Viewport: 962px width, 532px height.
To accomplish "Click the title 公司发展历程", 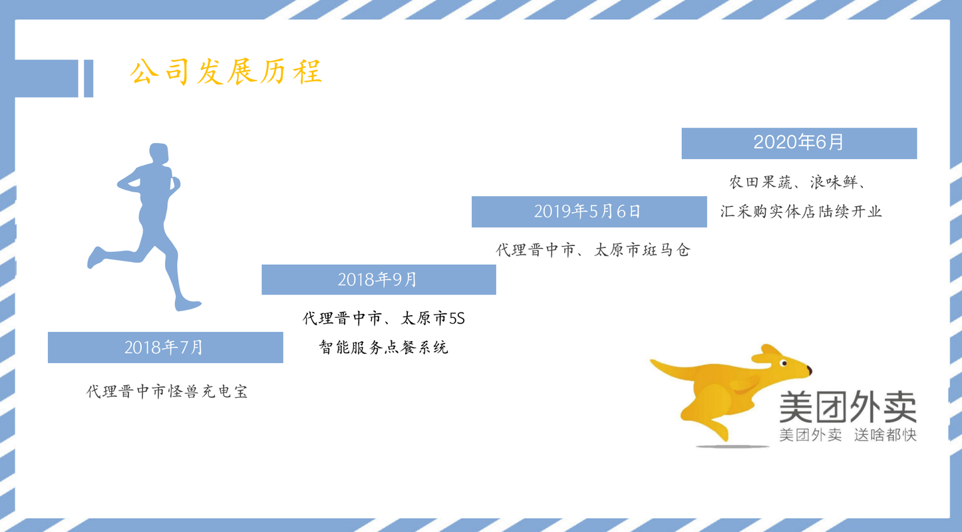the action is (x=226, y=72).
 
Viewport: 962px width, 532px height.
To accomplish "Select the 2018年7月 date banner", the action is (x=166, y=347).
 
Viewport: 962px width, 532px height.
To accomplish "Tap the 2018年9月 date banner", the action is (x=379, y=279).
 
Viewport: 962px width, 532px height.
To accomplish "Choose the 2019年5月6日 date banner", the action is (x=589, y=211).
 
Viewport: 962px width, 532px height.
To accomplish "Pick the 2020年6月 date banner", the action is (x=799, y=144).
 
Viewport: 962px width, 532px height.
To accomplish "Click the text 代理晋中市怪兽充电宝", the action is (x=167, y=392).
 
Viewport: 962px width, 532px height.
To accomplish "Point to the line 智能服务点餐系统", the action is (x=383, y=347).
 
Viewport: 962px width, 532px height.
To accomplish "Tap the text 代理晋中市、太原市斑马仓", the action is (x=593, y=250).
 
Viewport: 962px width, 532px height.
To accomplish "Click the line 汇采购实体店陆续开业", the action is (x=801, y=211).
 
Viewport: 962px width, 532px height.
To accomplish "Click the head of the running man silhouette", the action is (x=158, y=154).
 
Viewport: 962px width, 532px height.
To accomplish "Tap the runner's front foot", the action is (x=188, y=305).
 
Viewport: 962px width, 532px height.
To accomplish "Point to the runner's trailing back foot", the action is (x=95, y=257).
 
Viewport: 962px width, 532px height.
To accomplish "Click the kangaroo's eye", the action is (x=783, y=364).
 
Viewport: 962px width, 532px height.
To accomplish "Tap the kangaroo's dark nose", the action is (x=810, y=370).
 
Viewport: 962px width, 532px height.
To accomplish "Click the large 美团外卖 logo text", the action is (x=848, y=406).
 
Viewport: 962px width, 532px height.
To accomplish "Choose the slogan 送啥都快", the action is (x=885, y=435).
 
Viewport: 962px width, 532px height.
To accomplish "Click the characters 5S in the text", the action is (x=457, y=319).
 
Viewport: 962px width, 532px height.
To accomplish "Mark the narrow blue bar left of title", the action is (x=88, y=78).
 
